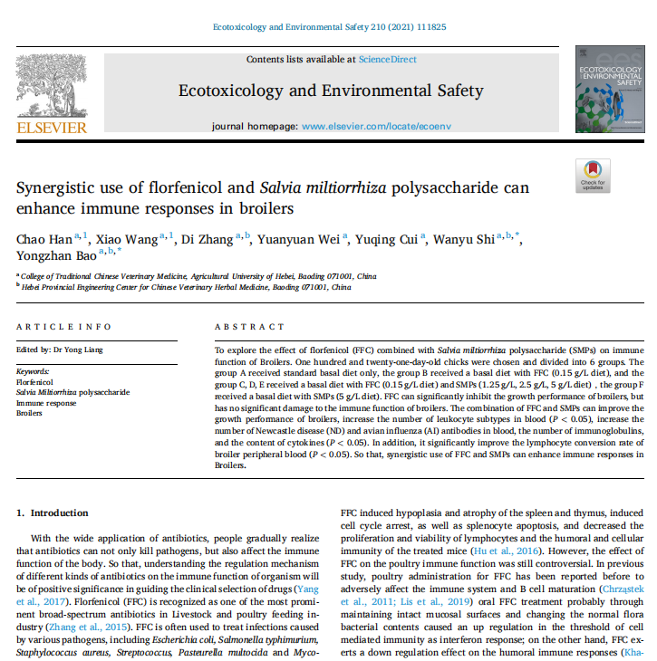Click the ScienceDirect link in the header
click(x=387, y=60)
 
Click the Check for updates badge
click(x=592, y=176)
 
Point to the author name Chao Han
click(x=42, y=239)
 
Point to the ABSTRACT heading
click(x=248, y=327)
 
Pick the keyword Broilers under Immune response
click(x=30, y=412)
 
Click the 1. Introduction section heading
click(x=53, y=513)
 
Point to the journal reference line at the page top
click(x=328, y=27)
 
